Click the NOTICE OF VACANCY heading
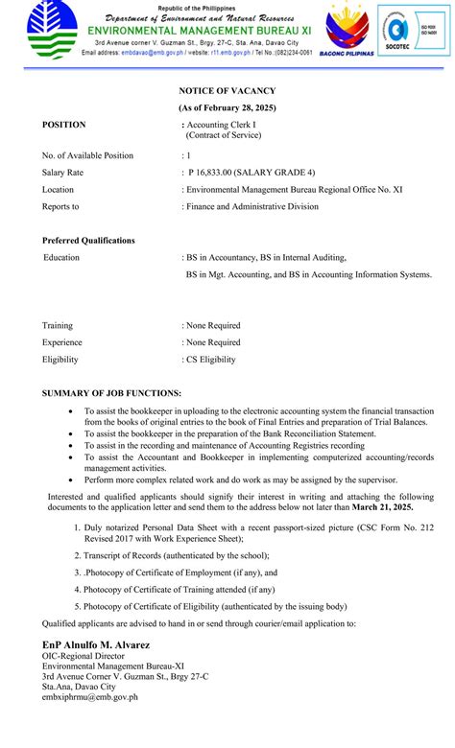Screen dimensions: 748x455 coord(227,90)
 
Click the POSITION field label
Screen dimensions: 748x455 coord(64,125)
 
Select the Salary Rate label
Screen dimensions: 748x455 coord(62,173)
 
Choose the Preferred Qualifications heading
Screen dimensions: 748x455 coord(88,240)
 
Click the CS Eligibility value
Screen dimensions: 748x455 coord(210,360)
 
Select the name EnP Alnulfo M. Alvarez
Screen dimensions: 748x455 coord(96,645)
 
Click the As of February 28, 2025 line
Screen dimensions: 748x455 coord(227,107)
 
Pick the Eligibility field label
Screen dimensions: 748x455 coord(60,360)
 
